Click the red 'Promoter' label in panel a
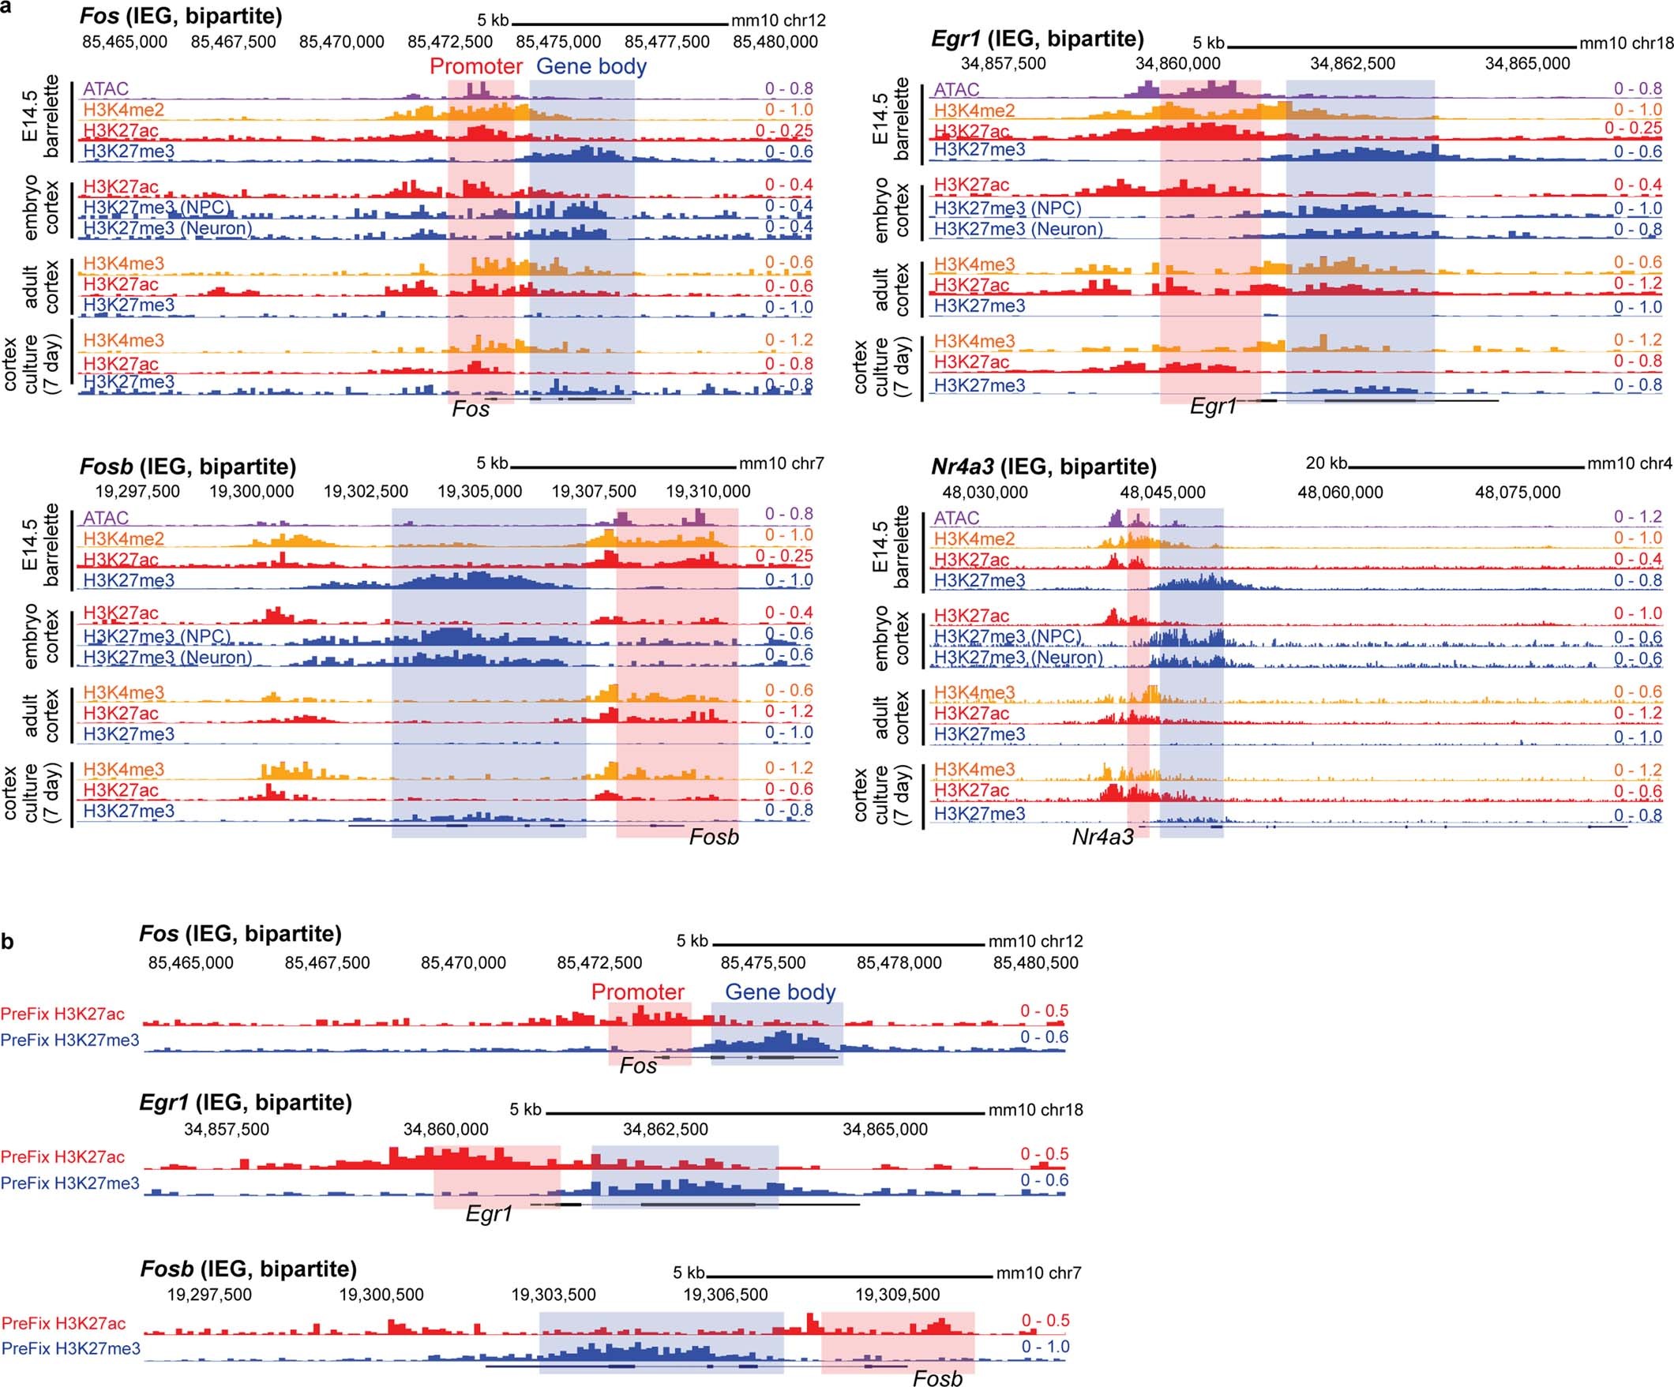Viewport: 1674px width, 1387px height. coord(476,66)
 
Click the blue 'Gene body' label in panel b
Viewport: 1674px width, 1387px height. coord(779,992)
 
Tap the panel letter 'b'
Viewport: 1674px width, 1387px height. coord(7,943)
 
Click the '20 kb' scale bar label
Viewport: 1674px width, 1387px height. coord(1326,463)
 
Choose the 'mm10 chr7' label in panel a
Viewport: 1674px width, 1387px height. coord(781,463)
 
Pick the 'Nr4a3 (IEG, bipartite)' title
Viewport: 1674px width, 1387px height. coord(1043,467)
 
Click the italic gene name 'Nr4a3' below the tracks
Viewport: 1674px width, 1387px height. coord(1102,837)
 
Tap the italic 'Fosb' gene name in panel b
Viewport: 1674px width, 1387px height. coord(937,1378)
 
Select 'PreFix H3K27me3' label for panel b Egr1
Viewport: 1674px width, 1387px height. coord(70,1183)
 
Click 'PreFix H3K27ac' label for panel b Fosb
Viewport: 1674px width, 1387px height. coord(64,1323)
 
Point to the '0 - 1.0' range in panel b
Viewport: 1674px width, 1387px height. coord(1045,1347)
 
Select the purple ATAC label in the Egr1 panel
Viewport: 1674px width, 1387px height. coord(955,89)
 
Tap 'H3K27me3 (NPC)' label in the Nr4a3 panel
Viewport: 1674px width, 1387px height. coord(1007,636)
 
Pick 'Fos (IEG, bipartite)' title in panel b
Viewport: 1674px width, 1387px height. coord(240,933)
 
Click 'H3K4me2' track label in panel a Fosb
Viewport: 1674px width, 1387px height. coord(122,539)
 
